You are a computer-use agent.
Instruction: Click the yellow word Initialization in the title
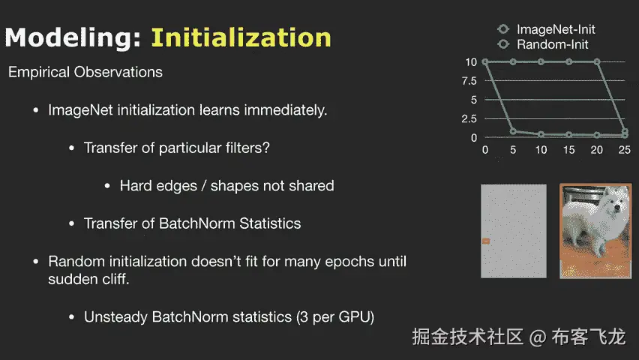(241, 38)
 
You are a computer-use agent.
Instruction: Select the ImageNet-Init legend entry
(546, 29)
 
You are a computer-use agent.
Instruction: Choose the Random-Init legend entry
(543, 44)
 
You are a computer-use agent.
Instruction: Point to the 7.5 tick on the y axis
(469, 81)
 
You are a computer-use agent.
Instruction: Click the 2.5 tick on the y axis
(469, 118)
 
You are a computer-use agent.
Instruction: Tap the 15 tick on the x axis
(569, 150)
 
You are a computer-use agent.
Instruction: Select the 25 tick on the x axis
(624, 150)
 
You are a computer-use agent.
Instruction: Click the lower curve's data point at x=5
(513, 131)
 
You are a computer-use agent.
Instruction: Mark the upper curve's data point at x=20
(596, 62)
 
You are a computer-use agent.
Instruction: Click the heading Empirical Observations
(85, 72)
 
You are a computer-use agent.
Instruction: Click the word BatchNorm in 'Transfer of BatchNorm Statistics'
(196, 223)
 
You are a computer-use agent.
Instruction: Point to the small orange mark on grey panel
(486, 241)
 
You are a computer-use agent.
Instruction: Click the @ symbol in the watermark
(538, 337)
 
